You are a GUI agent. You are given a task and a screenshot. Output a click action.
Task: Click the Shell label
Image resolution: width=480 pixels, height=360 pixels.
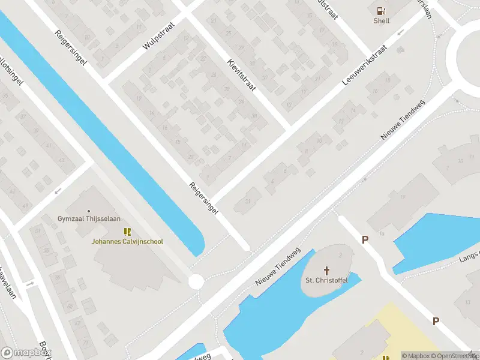tap(382, 20)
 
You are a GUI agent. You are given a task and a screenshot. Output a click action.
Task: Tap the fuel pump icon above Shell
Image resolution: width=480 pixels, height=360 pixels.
tap(381, 10)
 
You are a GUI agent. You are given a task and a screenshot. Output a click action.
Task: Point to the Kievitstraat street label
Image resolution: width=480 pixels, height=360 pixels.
tap(241, 74)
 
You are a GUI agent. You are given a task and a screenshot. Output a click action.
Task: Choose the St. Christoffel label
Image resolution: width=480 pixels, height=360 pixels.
tap(327, 280)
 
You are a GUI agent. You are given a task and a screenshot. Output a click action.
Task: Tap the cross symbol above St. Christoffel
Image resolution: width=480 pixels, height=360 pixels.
tap(327, 270)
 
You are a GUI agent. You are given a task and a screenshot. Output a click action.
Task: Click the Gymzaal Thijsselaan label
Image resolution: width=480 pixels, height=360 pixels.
tap(89, 218)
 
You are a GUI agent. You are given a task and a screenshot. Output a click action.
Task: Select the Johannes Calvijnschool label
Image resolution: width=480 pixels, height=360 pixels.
tap(127, 241)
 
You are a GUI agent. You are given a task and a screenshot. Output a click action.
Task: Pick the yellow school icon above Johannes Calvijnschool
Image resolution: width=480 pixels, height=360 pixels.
tap(127, 232)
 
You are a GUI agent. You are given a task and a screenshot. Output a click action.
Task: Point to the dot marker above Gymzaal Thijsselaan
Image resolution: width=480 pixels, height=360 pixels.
tap(89, 211)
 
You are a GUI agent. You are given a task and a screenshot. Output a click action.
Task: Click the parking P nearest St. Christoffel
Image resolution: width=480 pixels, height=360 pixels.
tap(364, 239)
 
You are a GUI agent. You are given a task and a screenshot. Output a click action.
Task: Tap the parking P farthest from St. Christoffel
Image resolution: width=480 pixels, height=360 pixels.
tap(436, 321)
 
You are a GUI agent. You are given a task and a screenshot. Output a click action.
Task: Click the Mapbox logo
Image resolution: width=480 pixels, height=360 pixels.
tap(26, 353)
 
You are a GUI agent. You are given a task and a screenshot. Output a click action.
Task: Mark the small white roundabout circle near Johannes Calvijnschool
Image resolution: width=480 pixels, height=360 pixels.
tap(196, 281)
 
